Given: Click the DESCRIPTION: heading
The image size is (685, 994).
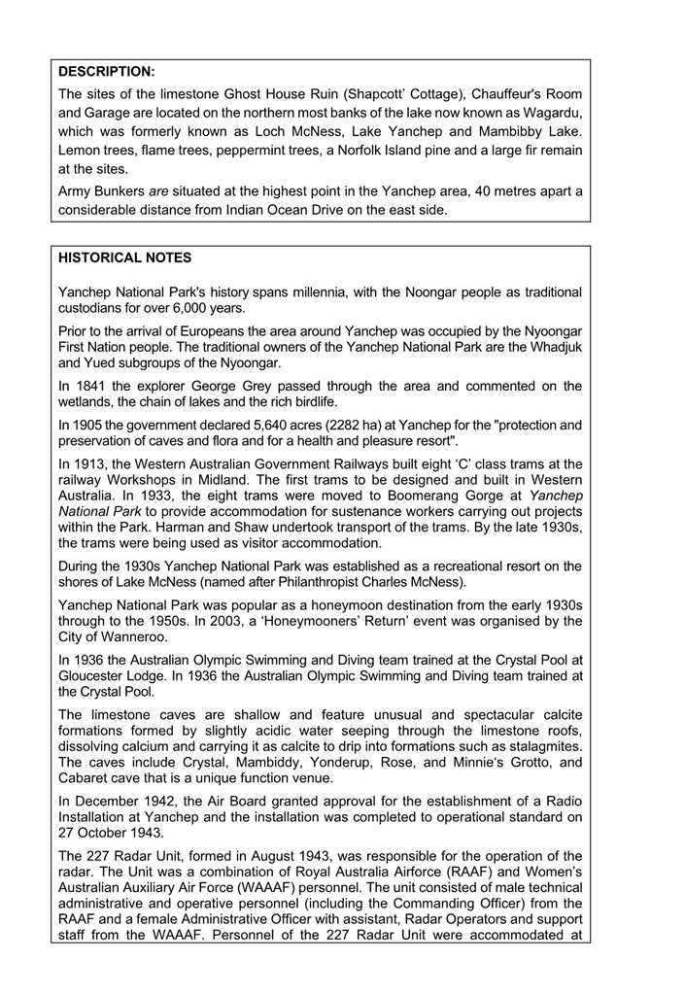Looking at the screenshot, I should [107, 71].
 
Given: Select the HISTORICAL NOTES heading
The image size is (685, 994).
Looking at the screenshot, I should [125, 257].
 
